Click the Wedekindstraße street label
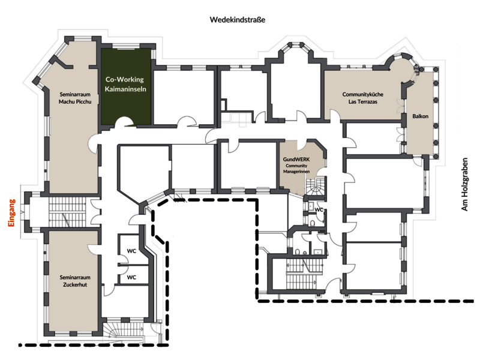[237, 20]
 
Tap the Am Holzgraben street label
[464, 184]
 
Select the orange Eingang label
[11, 213]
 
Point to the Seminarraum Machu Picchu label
[75, 98]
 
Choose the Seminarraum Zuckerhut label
[75, 281]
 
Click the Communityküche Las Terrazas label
[363, 98]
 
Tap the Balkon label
[421, 116]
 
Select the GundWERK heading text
[296, 160]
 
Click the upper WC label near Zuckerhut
[131, 251]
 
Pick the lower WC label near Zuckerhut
[131, 277]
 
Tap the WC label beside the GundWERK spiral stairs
[319, 209]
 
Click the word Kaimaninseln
[125, 89]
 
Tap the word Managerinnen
[296, 172]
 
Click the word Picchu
[83, 101]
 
